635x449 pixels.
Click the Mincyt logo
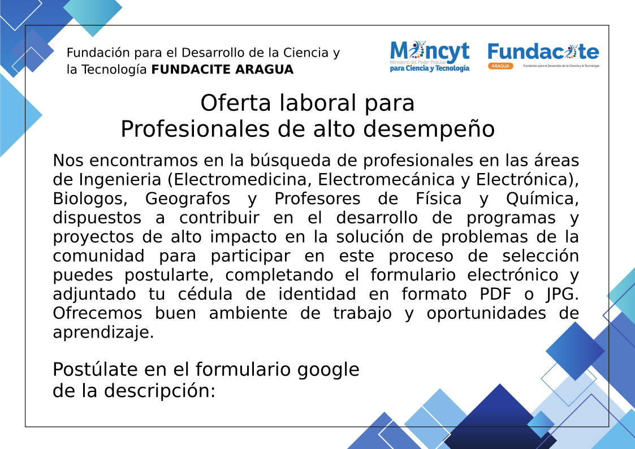coord(430,57)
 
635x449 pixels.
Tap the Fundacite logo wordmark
coord(543,52)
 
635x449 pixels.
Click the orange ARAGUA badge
coord(500,66)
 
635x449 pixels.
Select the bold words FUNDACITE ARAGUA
coord(222,70)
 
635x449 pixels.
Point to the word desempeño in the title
coord(429,129)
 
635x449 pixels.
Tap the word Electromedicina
coord(242,180)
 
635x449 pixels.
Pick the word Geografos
coord(188,199)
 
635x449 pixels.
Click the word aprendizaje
coord(103,333)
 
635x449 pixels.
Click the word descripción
coord(159,391)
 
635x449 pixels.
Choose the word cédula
coord(205,294)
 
